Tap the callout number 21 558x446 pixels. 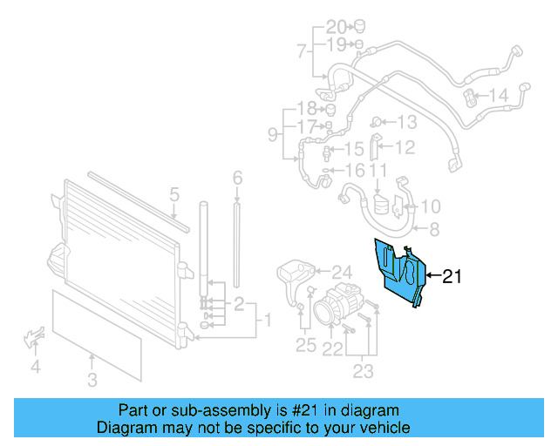coord(451,277)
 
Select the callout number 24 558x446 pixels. coord(340,272)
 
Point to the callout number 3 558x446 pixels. coord(92,379)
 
